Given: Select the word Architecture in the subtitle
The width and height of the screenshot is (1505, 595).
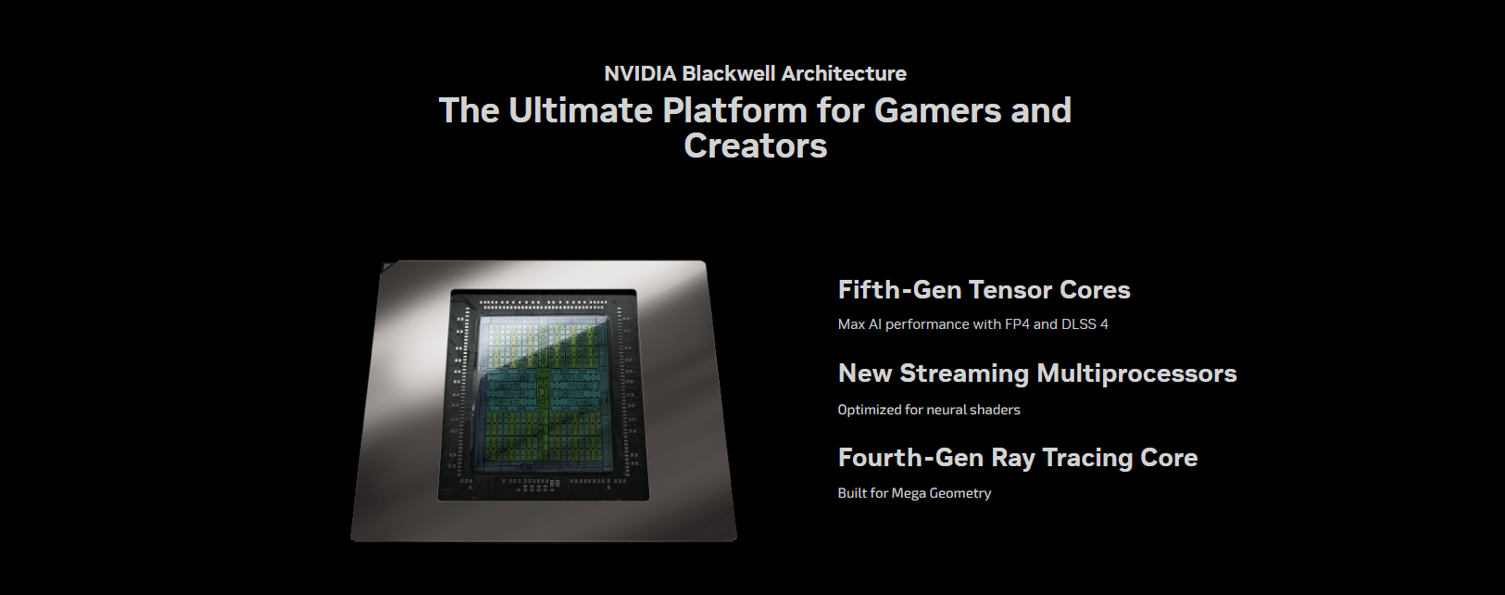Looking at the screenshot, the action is pos(844,73).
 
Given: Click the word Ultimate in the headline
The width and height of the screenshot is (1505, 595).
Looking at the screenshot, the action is pos(581,110).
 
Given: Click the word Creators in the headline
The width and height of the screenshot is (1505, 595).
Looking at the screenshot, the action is pos(755,146).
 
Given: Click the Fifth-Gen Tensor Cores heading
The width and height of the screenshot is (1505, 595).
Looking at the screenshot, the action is pos(984,290).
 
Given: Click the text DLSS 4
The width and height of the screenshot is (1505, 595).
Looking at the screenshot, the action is pos(1085,324).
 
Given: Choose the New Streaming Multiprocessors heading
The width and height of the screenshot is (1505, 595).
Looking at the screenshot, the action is pos(1036,373).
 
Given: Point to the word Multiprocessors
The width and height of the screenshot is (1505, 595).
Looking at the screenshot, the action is pos(1133,373).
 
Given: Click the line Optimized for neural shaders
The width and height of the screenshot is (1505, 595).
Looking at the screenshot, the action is pos(929,410).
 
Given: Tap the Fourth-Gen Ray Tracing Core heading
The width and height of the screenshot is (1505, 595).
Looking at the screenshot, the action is pos(1017,458).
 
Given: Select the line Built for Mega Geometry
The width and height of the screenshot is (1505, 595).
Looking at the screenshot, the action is pos(914,493).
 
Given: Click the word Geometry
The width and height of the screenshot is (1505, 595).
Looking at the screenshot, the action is pos(960,493).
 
